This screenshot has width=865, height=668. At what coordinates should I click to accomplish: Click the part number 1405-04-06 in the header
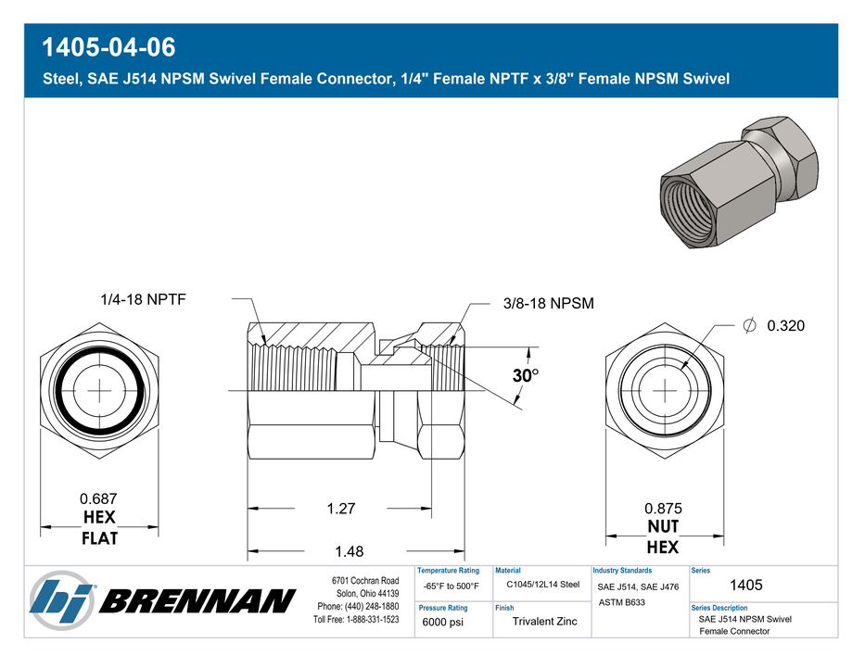108,47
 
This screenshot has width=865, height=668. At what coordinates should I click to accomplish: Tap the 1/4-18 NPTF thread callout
143,299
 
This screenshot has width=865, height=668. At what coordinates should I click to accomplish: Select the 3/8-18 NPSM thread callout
548,303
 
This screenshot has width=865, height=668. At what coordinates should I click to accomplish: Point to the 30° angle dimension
525,375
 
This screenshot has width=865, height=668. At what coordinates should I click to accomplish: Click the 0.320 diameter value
785,326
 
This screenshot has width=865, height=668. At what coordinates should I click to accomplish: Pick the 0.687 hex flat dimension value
98,498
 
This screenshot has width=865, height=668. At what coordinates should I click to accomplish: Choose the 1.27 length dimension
341,508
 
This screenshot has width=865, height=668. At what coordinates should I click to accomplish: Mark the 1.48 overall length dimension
350,551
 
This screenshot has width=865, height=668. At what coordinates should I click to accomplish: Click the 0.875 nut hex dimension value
663,508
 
